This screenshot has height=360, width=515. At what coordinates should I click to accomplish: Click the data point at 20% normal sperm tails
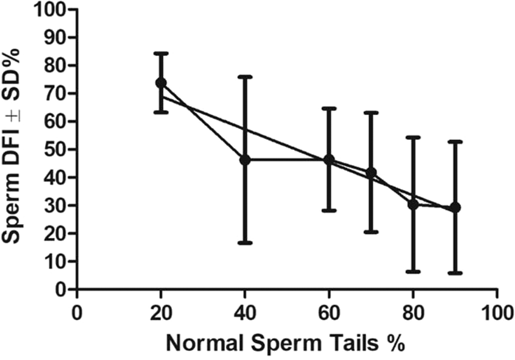(x=161, y=82)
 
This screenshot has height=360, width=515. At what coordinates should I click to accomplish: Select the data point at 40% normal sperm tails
(x=245, y=160)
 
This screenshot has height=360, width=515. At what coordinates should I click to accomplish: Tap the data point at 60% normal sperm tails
(x=329, y=160)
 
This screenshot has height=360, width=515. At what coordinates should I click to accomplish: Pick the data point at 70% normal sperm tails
(x=371, y=173)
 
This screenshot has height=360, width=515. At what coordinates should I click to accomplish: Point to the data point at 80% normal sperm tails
(x=413, y=205)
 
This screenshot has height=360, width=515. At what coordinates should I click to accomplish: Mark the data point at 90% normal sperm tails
(x=455, y=207)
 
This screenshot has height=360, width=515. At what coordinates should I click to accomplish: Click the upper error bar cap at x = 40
(x=245, y=77)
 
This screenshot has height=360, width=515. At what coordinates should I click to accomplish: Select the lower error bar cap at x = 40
(x=245, y=242)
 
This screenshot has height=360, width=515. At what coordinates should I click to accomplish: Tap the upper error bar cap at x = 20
(x=161, y=53)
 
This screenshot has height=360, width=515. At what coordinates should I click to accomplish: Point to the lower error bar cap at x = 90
(x=455, y=273)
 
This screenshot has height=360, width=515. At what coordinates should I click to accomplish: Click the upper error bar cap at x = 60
(x=329, y=108)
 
